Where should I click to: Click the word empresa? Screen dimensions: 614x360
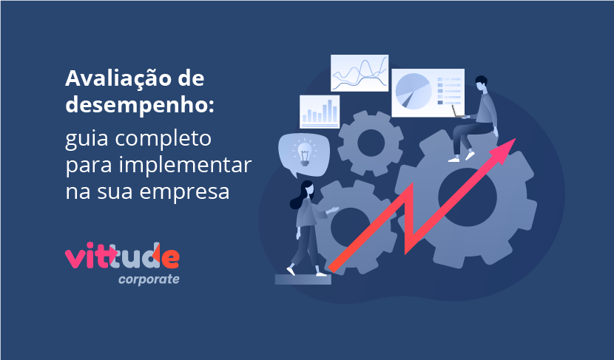click(184, 192)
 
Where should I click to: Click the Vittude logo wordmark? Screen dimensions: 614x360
click(122, 256)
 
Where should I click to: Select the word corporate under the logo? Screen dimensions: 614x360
click(149, 279)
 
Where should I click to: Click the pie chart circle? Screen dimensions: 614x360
click(414, 92)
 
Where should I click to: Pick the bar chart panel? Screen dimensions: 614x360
click(320, 112)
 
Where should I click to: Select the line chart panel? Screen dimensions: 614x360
click(360, 73)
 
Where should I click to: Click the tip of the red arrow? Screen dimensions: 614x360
click(516, 138)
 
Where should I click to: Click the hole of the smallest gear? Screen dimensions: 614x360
click(371, 143)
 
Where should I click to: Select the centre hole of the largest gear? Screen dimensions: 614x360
click(467, 197)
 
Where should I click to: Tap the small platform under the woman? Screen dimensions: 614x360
click(303, 279)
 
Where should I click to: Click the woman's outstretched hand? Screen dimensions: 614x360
click(333, 210)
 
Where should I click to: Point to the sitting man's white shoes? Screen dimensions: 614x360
click(462, 157)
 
